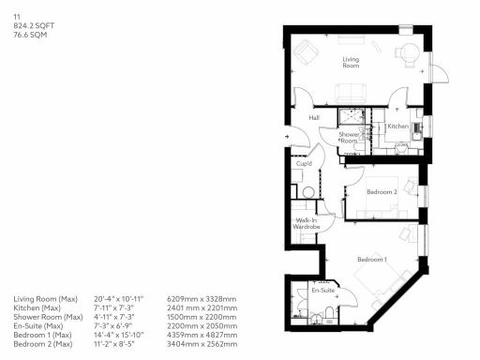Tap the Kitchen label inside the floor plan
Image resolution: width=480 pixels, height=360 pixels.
point(397,126)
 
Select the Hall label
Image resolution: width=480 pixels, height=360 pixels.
point(314,117)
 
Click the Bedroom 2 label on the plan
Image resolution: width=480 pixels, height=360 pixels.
point(382,191)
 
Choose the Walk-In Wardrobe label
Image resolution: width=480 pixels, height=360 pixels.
point(307,224)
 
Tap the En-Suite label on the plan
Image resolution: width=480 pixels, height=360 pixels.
point(323,291)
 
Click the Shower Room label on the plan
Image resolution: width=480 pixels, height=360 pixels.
point(350,137)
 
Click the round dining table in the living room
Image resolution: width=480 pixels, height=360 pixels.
point(408,53)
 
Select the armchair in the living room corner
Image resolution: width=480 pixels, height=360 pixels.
point(305,53)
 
